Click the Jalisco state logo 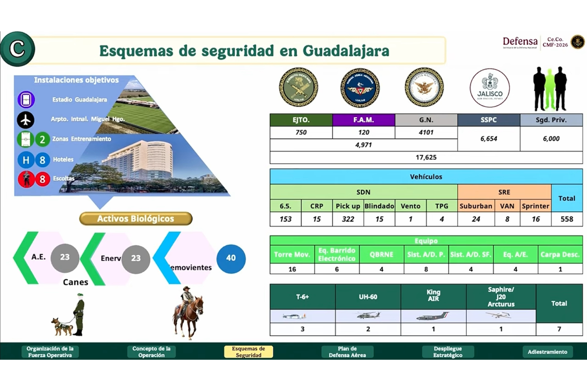[490, 88]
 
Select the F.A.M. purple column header [363, 120]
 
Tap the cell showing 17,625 [426, 157]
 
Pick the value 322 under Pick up [348, 219]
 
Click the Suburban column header [475, 206]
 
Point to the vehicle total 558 [567, 219]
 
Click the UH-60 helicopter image [368, 316]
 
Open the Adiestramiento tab [547, 352]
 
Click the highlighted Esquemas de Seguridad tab [248, 352]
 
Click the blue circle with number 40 [231, 258]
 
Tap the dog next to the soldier [63, 326]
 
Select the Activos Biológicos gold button [135, 218]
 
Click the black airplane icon [25, 119]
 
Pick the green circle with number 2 [43, 139]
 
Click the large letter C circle [17, 49]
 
